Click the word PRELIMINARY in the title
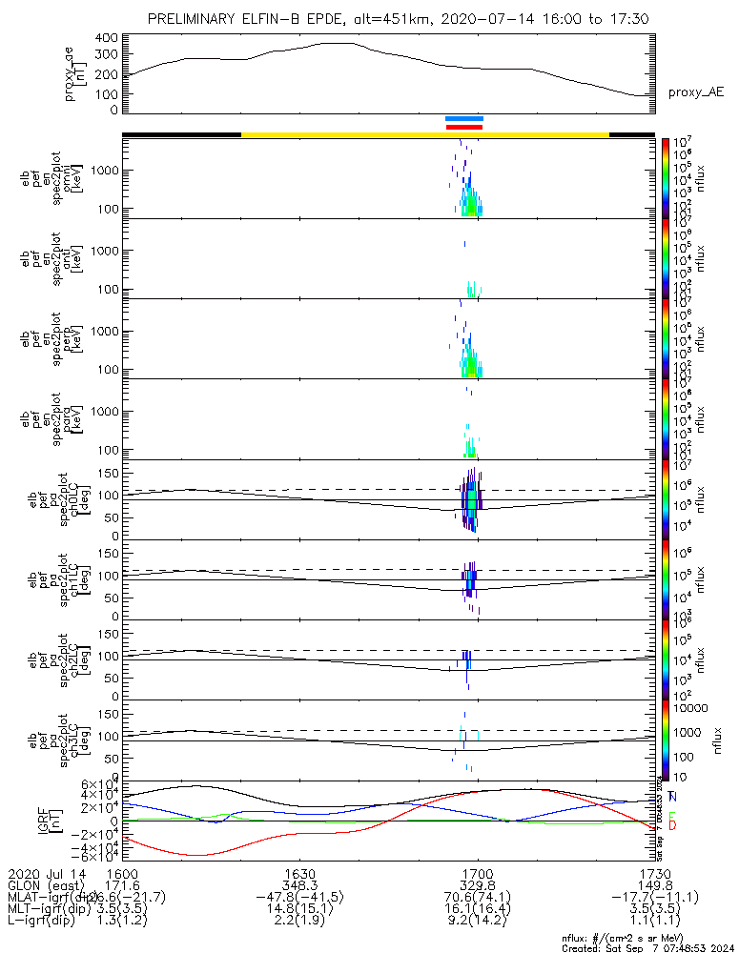[195, 19]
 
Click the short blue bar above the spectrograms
[464, 118]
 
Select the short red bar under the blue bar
[464, 127]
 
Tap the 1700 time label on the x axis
[477, 873]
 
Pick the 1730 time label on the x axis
[654, 873]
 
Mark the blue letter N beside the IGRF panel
[673, 797]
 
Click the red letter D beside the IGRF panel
[673, 825]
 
